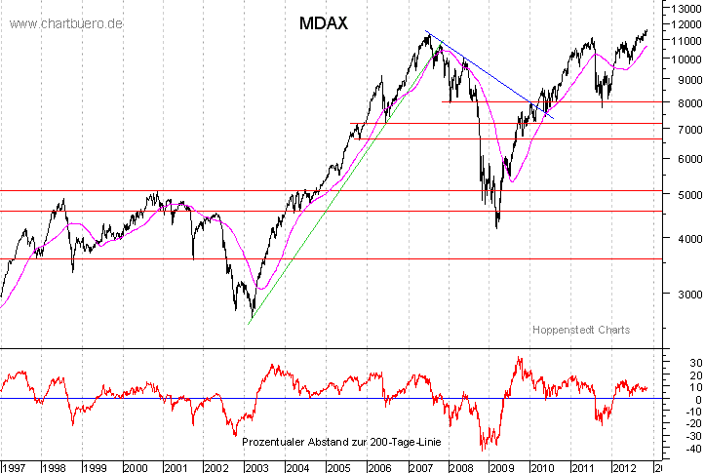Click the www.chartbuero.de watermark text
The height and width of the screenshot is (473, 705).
66,22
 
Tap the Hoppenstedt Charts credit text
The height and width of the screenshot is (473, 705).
581,330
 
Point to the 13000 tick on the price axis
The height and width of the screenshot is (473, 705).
685,8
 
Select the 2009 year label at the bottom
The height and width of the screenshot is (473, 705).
499,466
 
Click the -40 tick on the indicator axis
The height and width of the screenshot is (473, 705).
685,450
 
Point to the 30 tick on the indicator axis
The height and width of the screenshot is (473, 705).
685,363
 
